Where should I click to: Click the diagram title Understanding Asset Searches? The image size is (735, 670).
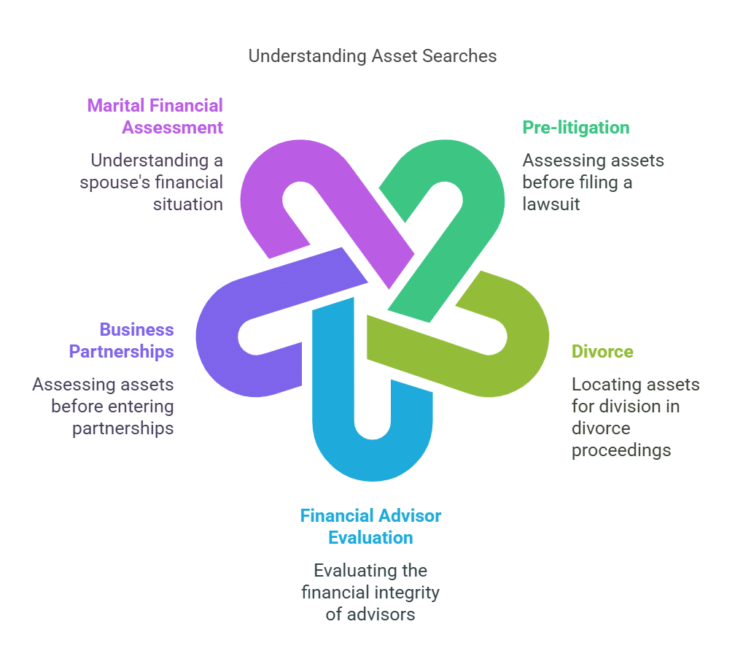[372, 56]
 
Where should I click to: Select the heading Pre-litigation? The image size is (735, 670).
[575, 128]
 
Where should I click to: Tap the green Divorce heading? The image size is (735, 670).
[602, 352]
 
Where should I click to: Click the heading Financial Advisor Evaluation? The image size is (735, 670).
[370, 527]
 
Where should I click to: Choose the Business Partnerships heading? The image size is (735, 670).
[122, 341]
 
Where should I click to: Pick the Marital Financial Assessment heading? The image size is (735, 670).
[155, 117]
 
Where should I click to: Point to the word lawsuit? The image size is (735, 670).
[551, 204]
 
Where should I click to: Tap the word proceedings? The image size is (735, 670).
[621, 450]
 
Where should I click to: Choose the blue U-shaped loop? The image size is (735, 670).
[372, 453]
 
